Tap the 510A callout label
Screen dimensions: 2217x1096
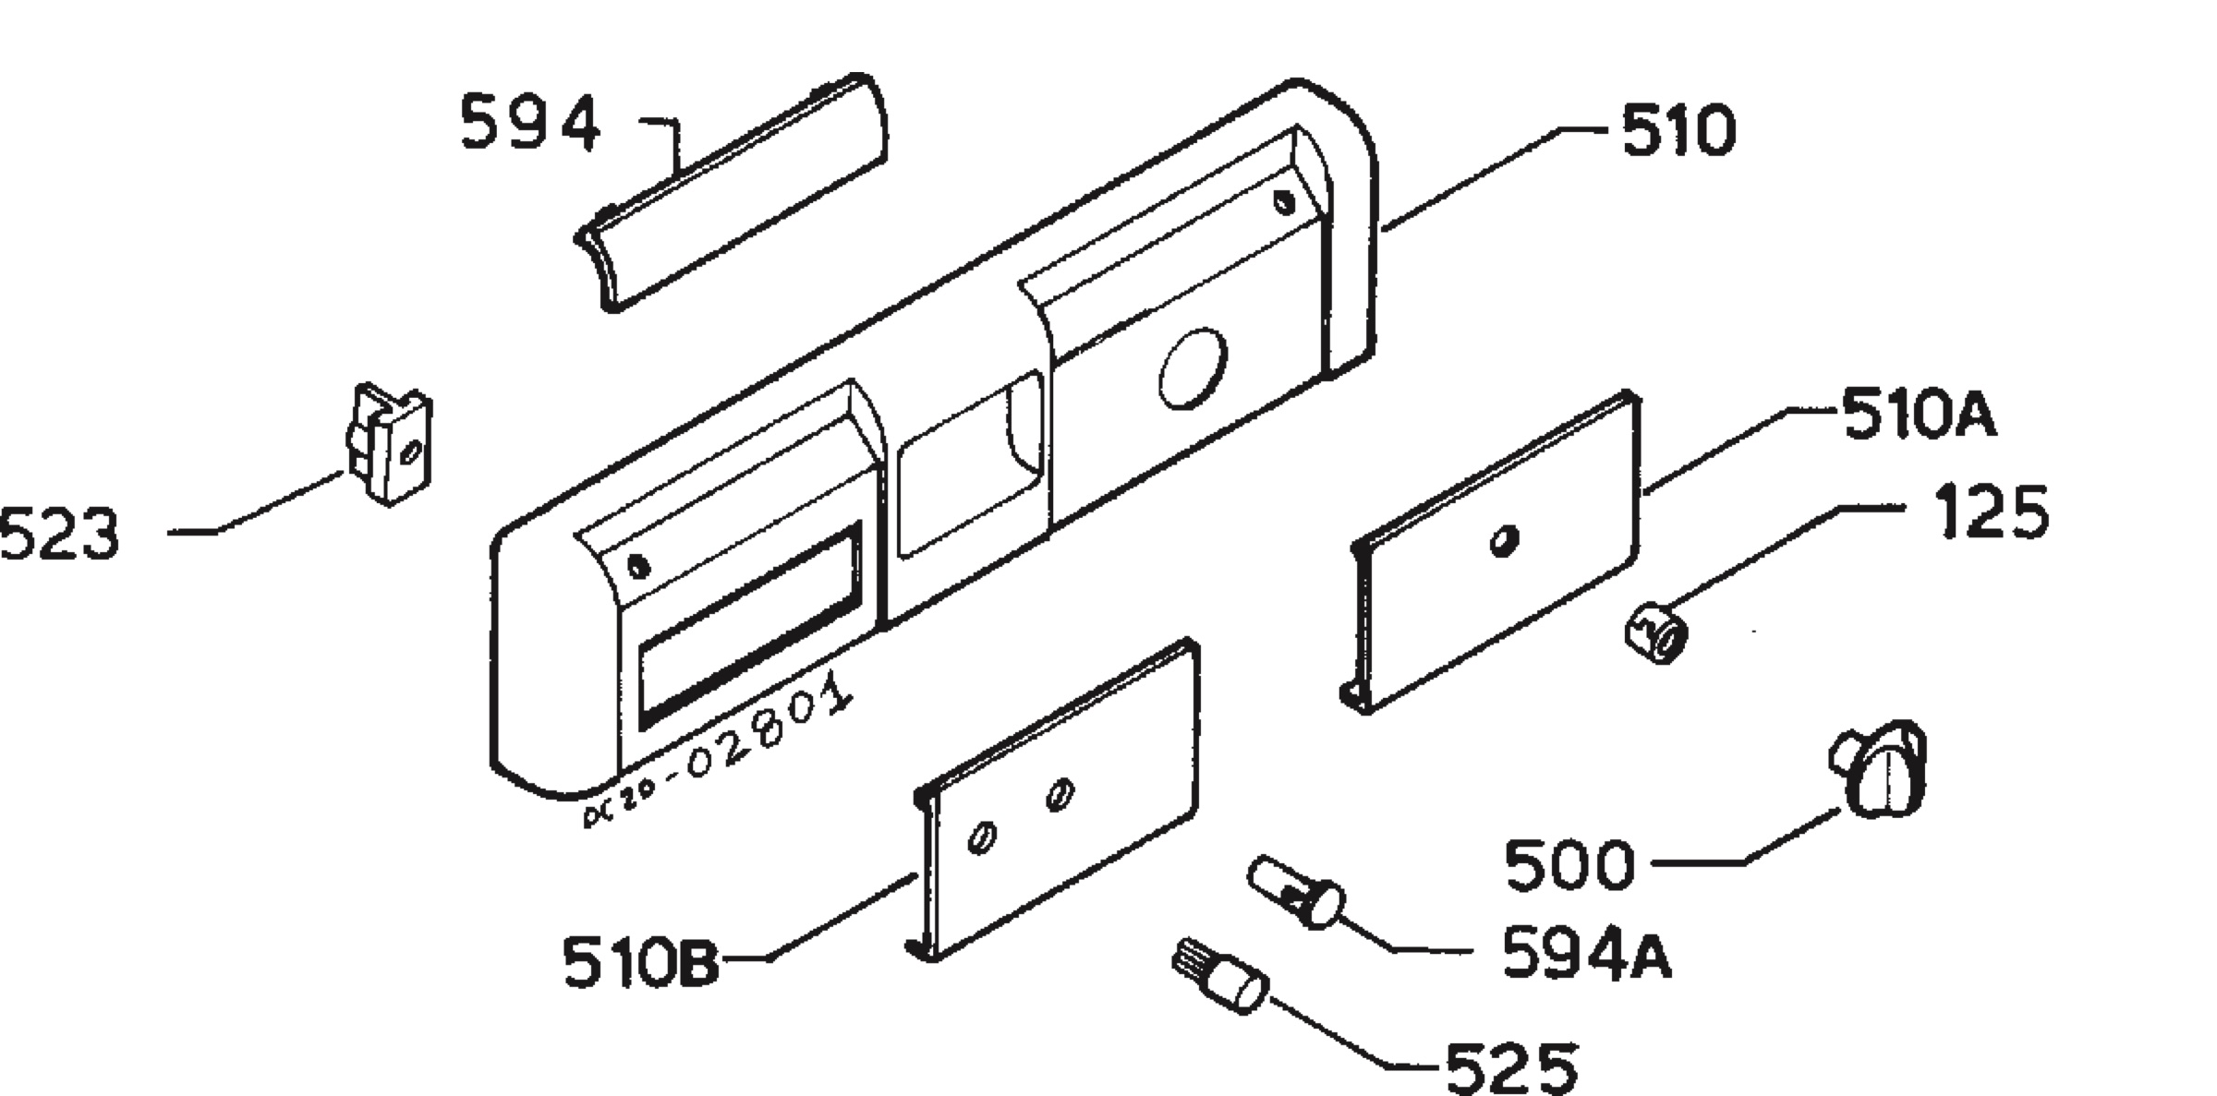click(1919, 414)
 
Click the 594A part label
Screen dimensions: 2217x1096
click(1586, 952)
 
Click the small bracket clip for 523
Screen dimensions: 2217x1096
click(388, 443)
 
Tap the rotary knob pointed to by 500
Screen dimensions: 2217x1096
click(1878, 768)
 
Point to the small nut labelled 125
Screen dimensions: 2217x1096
click(1656, 632)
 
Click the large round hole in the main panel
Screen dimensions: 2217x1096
click(1193, 367)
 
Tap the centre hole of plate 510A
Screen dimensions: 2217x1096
click(1505, 541)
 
